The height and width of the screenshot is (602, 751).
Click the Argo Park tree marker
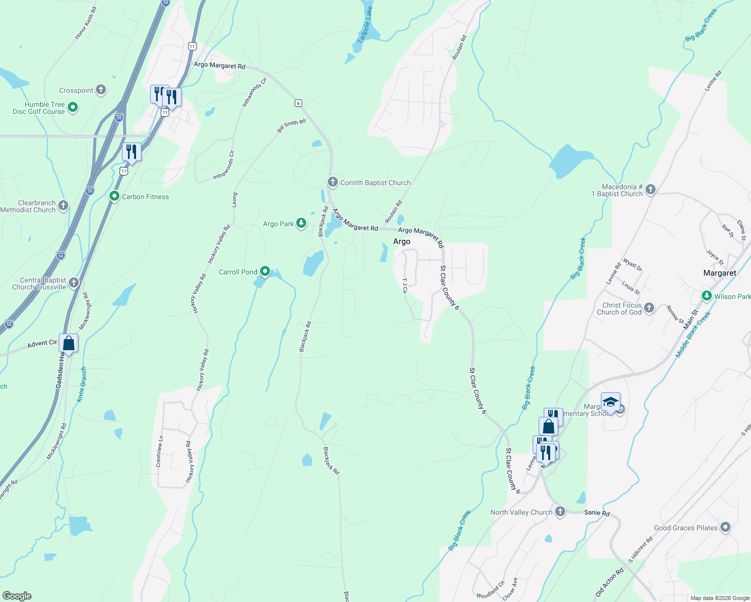point(301,223)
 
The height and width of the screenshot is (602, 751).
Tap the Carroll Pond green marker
point(265,271)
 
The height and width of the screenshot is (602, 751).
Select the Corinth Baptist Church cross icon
point(332,182)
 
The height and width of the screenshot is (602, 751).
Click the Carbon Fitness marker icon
point(114,196)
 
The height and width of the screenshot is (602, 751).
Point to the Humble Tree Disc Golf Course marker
point(72,107)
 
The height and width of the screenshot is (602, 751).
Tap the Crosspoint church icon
point(101,90)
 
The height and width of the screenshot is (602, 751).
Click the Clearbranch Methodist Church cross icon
point(63,205)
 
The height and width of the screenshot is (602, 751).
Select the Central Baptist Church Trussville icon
point(74,283)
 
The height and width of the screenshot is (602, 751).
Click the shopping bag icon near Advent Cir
point(69,344)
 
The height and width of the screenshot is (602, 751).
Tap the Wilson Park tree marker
point(707,296)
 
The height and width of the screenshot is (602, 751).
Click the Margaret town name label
point(719,273)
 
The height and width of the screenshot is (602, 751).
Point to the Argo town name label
point(401,241)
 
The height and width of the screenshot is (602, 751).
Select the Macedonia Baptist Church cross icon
point(650,189)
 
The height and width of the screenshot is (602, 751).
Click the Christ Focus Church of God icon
point(649,308)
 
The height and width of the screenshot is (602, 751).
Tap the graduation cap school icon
point(610,402)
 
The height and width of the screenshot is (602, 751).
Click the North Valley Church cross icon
point(560,512)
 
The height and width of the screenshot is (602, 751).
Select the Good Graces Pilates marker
point(725,527)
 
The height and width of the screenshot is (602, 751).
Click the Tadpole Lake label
point(365,24)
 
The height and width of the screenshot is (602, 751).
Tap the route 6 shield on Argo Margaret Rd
point(298,103)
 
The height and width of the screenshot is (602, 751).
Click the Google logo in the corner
point(17,595)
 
